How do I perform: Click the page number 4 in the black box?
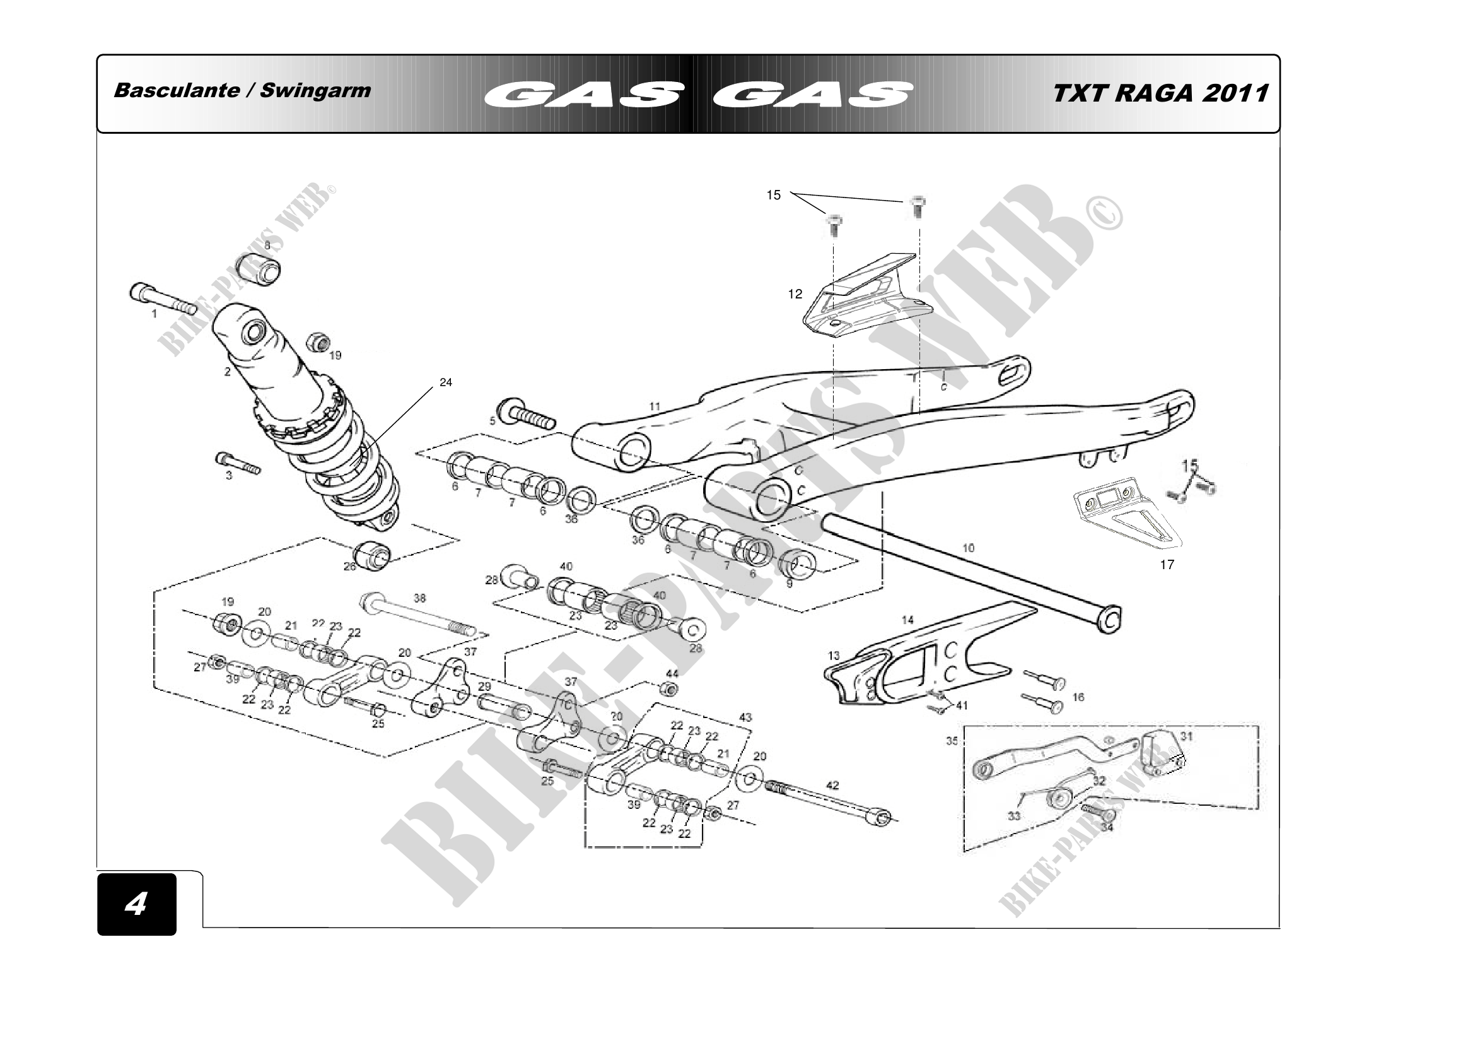click(136, 904)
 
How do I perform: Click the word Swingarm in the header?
click(315, 90)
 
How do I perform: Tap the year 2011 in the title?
click(1234, 93)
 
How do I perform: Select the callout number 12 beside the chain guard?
click(795, 294)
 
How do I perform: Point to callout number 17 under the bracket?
click(1167, 564)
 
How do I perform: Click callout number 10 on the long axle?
click(968, 548)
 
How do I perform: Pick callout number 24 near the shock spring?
click(446, 382)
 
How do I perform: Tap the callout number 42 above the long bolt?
click(832, 786)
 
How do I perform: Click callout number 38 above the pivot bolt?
click(419, 598)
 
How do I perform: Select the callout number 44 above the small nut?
click(672, 673)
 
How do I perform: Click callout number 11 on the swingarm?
click(655, 406)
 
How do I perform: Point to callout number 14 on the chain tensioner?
click(907, 620)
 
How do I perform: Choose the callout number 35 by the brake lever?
click(952, 741)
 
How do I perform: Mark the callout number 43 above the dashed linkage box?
click(745, 717)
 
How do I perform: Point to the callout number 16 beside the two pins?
click(1078, 697)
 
